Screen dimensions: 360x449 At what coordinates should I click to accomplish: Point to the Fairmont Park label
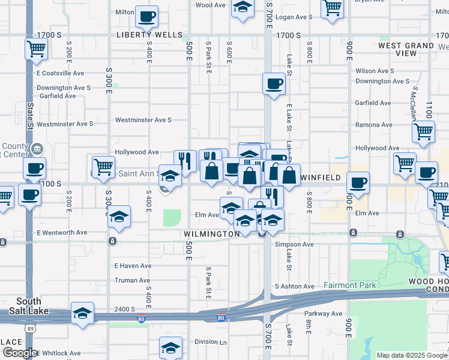coord(351,285)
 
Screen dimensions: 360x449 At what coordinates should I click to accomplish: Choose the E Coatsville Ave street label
coord(60,73)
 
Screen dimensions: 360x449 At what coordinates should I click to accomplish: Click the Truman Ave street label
coord(132,280)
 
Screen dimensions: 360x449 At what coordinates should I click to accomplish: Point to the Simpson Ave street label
coord(294,244)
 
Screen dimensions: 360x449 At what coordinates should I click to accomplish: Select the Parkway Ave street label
coord(325,313)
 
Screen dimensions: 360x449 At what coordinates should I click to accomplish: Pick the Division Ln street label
coord(211,342)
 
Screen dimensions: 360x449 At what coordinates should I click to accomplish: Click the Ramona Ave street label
coord(373,125)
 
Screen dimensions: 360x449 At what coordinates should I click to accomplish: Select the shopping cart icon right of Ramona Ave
coord(424,131)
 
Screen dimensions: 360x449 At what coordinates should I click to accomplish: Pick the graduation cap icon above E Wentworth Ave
coord(119,216)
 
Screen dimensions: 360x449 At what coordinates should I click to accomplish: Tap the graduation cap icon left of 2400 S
coord(82,313)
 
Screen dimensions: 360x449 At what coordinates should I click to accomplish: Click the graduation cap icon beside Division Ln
coord(170,347)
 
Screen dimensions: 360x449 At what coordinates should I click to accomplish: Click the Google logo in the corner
coord(19,353)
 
